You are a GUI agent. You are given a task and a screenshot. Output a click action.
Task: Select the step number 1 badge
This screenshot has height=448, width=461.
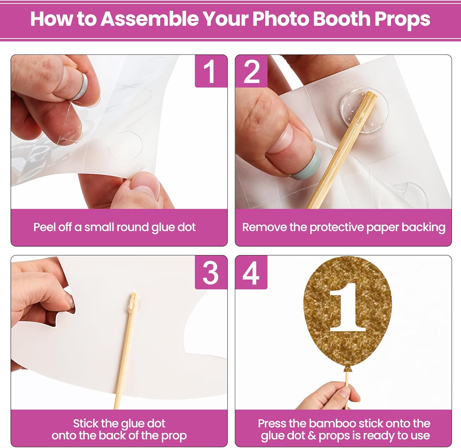[x=211, y=71]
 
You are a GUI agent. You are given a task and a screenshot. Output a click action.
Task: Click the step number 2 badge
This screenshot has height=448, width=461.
[x=251, y=71]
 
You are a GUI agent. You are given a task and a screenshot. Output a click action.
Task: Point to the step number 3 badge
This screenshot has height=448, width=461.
[x=211, y=272]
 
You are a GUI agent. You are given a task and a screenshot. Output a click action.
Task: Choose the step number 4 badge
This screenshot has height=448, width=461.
[x=251, y=272]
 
